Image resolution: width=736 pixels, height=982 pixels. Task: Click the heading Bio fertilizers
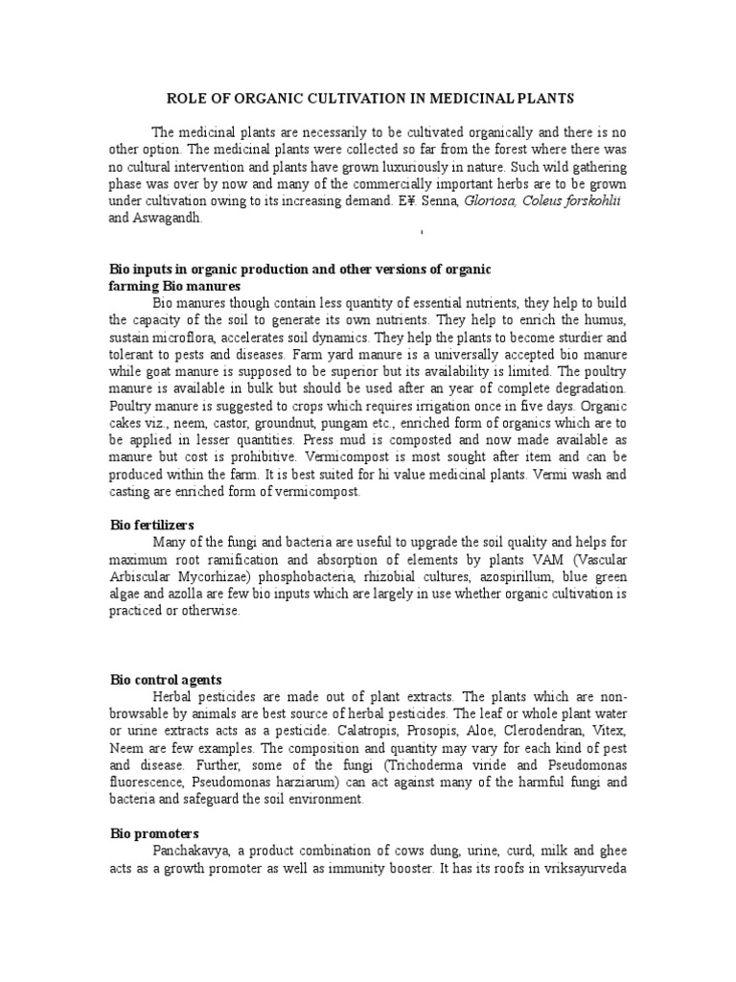152,526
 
